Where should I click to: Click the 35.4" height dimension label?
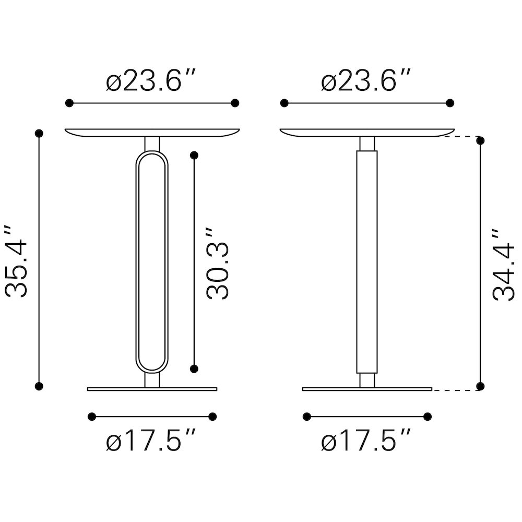[16, 260]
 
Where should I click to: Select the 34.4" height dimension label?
[503, 265]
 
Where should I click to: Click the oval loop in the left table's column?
[137, 262]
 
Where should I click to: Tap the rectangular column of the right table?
[367, 262]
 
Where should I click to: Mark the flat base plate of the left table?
[152, 389]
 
